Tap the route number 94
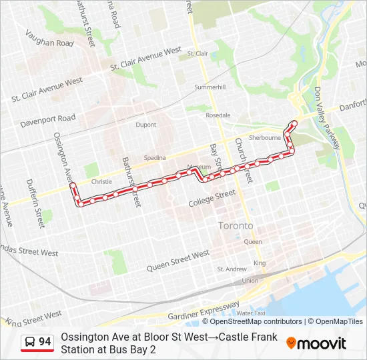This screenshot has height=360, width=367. (45, 342)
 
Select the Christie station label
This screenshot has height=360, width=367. (101, 181)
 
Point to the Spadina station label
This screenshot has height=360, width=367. (154, 158)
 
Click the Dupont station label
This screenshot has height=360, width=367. (145, 125)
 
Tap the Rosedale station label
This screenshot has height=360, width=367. (218, 115)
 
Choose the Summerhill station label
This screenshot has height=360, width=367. (210, 87)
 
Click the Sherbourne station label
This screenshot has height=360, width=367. (265, 137)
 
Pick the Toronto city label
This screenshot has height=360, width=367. (236, 226)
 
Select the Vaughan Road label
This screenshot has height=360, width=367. (49, 39)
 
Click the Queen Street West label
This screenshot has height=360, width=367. (178, 260)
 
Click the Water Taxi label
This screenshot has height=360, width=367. (250, 313)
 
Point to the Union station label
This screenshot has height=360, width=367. (250, 281)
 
